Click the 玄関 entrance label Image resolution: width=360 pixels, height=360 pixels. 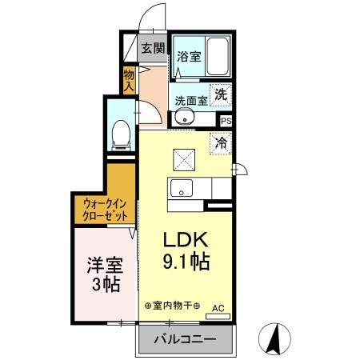point(153,47)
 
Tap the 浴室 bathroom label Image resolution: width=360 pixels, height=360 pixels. point(188,58)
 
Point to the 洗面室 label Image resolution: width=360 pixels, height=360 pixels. point(191,101)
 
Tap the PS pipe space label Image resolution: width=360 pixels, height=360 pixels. point(226,121)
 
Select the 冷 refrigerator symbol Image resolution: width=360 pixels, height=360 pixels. point(221,145)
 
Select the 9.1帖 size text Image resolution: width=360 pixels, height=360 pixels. point(186,262)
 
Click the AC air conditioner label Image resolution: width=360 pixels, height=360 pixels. point(218,306)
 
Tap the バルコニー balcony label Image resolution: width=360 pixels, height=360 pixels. point(183,339)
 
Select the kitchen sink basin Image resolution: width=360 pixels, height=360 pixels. point(181,190)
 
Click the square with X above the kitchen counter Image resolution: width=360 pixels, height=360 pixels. point(184,160)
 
